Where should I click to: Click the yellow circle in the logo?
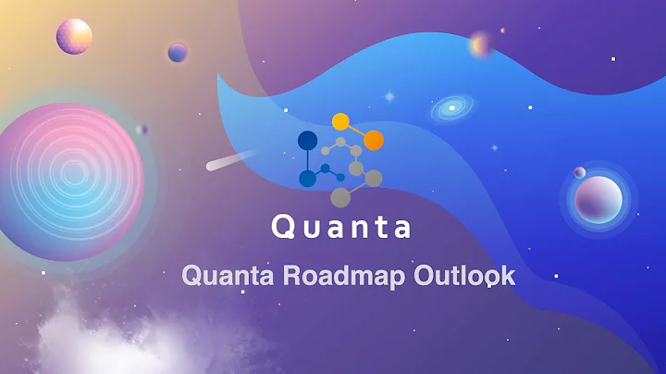(340, 121)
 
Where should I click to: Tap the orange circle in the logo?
(374, 140)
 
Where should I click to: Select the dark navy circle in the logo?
(308, 141)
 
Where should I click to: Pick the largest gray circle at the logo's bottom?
(340, 196)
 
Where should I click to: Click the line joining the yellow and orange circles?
(357, 131)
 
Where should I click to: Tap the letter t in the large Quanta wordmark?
(378, 227)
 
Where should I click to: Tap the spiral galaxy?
(451, 108)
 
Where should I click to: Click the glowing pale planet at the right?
(598, 199)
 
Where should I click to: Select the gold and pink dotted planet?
(74, 35)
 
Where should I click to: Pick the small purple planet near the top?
(178, 52)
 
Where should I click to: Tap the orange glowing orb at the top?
(480, 44)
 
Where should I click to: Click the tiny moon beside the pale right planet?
(579, 172)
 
